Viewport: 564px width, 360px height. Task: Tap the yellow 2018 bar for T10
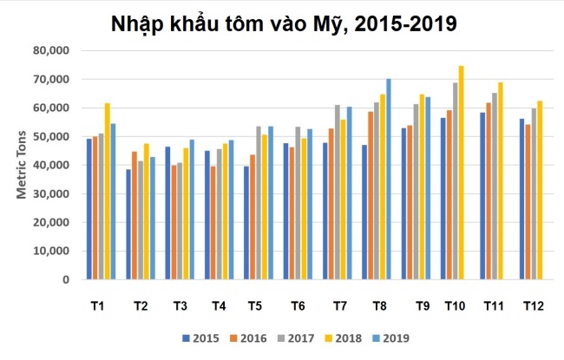point(461,173)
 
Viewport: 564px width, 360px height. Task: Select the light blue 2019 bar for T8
point(389,180)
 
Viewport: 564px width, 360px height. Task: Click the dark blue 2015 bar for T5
point(246,223)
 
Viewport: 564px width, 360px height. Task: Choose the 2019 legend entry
point(390,338)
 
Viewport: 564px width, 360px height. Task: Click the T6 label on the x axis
point(298,306)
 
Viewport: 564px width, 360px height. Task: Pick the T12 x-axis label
point(533,306)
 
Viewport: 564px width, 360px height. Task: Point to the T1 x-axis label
point(98,306)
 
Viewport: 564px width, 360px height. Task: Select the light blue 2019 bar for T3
point(192,210)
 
